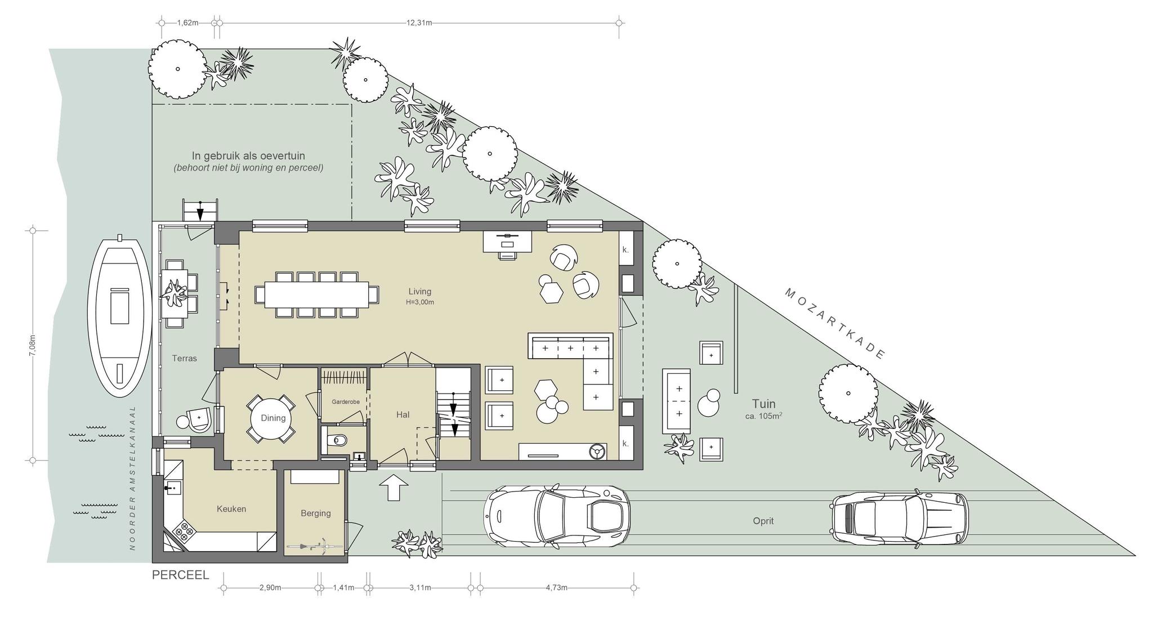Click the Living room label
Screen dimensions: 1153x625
pyautogui.click(x=420, y=291)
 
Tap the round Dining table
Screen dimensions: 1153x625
pyautogui.click(x=273, y=418)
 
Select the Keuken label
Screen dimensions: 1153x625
pyautogui.click(x=231, y=509)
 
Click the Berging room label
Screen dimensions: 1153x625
pyautogui.click(x=315, y=513)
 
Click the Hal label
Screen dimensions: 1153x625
pyautogui.click(x=403, y=414)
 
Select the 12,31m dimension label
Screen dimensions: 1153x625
pyautogui.click(x=419, y=23)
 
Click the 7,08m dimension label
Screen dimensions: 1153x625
pyautogui.click(x=33, y=345)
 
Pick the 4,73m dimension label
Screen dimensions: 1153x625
pyautogui.click(x=556, y=588)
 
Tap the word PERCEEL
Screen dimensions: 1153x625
pyautogui.click(x=180, y=575)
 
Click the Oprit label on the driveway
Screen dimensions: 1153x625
pyautogui.click(x=763, y=521)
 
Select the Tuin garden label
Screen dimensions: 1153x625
pyautogui.click(x=763, y=404)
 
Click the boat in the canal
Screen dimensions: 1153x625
pyautogui.click(x=120, y=317)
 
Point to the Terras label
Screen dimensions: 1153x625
pyautogui.click(x=184, y=358)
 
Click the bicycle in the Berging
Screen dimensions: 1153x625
pyautogui.click(x=308, y=546)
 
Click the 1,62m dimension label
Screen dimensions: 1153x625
pyautogui.click(x=187, y=23)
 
